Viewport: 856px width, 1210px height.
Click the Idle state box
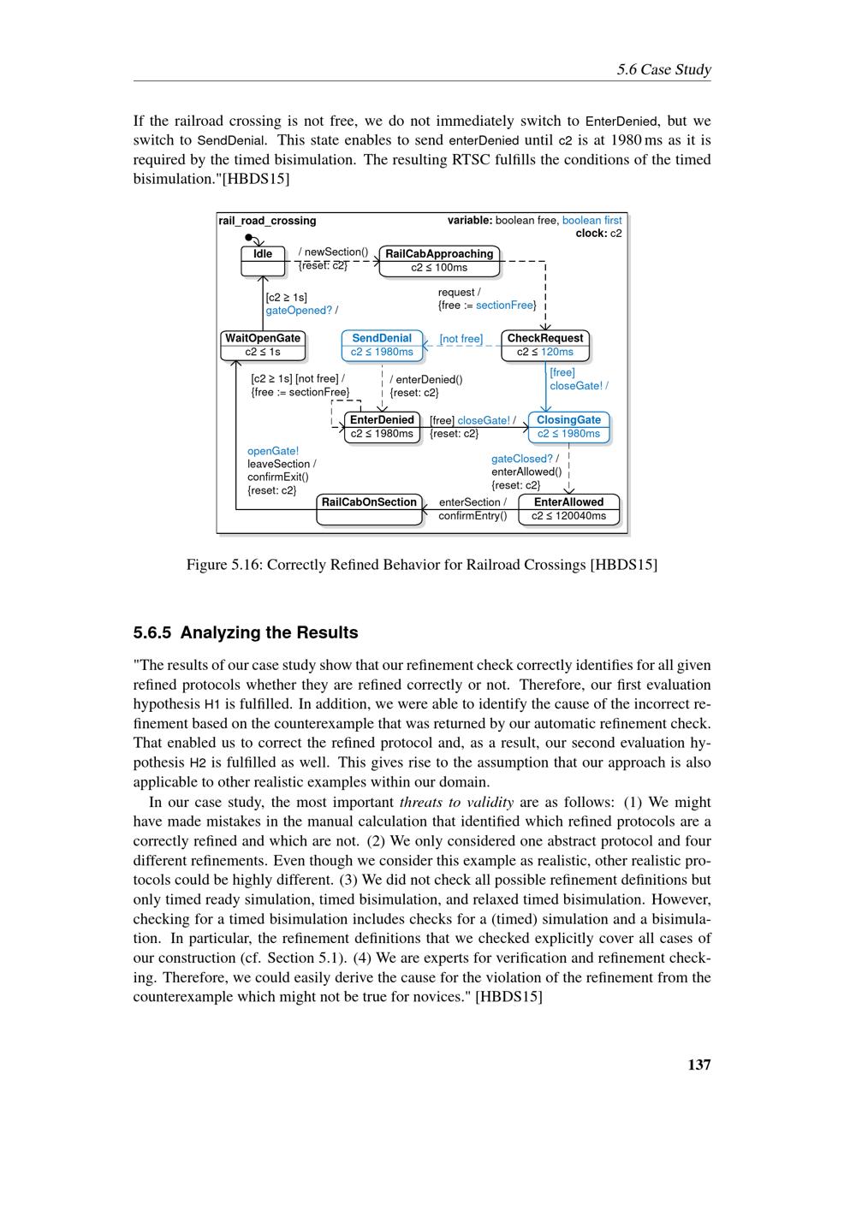coord(263,261)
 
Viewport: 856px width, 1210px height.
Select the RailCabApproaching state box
coord(439,261)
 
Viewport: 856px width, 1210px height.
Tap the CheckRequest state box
coord(545,345)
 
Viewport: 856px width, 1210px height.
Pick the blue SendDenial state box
coord(382,345)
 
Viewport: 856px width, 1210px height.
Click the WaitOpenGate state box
coord(263,345)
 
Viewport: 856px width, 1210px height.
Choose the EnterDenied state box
coord(382,426)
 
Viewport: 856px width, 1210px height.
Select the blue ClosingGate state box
coord(569,426)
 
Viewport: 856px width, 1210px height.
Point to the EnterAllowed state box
coord(568,509)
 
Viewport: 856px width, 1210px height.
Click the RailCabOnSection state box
coord(369,509)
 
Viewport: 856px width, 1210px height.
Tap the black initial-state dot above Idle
coord(248,237)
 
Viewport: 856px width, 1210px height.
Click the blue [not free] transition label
coord(461,339)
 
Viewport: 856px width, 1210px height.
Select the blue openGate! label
coord(273,451)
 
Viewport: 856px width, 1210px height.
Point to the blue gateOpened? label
coord(299,311)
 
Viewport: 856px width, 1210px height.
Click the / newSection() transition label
coord(333,252)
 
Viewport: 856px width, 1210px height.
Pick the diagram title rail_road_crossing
coord(268,221)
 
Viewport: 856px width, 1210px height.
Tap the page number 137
coord(698,1065)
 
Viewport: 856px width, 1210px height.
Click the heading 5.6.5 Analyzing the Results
coord(246,632)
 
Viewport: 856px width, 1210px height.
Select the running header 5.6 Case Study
coord(663,69)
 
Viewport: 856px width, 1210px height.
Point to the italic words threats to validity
coord(456,802)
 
